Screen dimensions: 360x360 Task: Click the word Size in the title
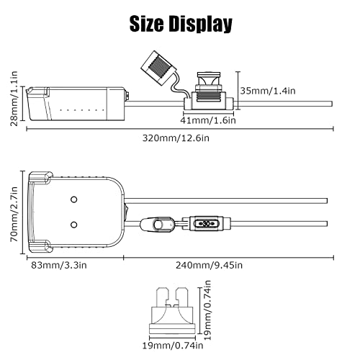tap(148, 24)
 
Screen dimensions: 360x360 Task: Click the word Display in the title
tap(200, 24)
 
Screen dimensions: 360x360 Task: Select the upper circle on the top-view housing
tap(74, 198)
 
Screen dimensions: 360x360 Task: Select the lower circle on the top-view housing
tap(74, 225)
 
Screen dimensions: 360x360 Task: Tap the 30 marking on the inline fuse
tap(207, 223)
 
